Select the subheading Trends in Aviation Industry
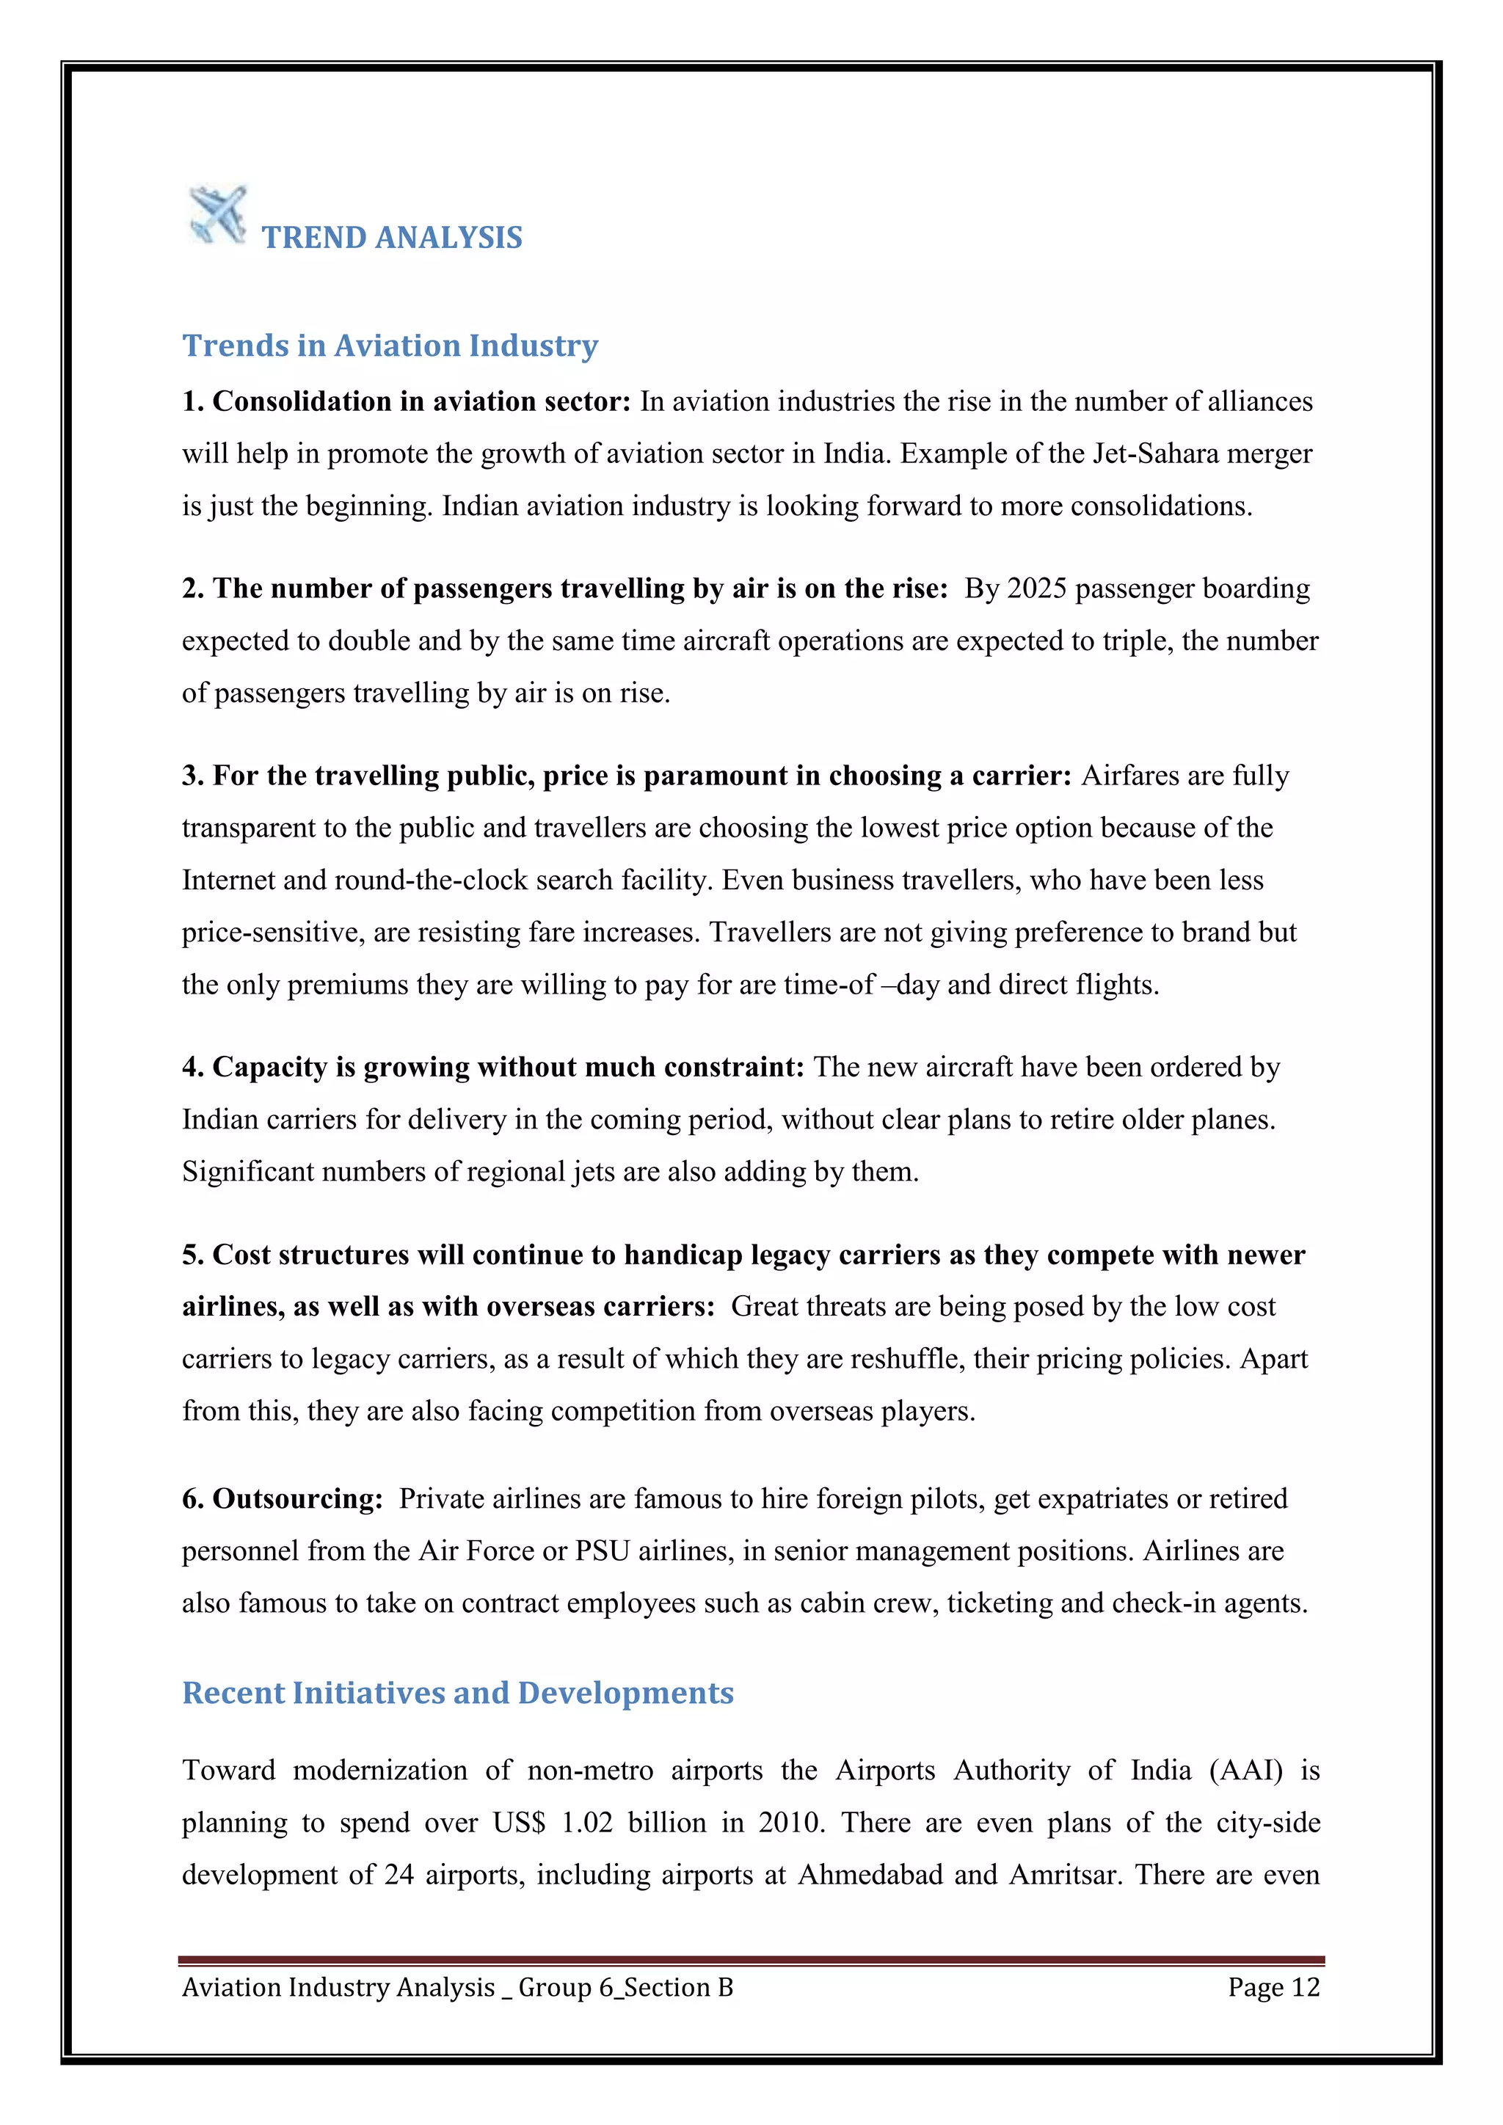(x=390, y=345)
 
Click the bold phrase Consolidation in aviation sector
(x=421, y=401)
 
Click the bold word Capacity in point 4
(x=269, y=1067)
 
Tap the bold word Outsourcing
(x=296, y=1499)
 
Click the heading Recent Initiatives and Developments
(x=457, y=1693)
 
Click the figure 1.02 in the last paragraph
(x=587, y=1823)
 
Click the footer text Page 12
(x=1273, y=1987)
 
